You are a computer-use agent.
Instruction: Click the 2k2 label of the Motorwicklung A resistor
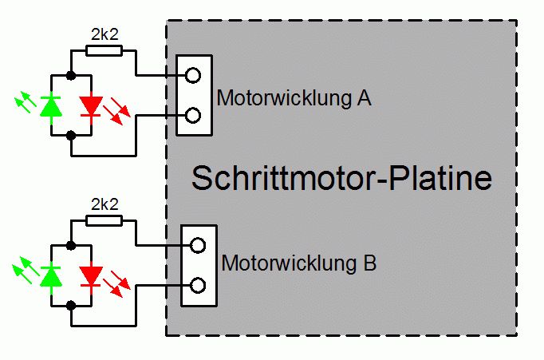(x=104, y=34)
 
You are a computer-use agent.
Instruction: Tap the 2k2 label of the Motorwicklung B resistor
(x=104, y=204)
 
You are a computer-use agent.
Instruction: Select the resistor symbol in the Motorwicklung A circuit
(x=104, y=51)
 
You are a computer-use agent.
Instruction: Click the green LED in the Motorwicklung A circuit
(x=52, y=105)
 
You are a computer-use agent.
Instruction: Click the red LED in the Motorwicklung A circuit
(x=92, y=105)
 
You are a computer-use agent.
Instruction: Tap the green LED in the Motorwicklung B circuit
(x=52, y=275)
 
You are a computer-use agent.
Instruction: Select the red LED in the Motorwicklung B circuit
(x=92, y=275)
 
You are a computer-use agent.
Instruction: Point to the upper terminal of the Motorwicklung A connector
(x=192, y=76)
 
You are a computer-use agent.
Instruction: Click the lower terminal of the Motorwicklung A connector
(x=192, y=116)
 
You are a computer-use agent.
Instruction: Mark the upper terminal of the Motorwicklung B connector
(x=198, y=245)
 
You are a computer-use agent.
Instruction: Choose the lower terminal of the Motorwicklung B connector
(x=198, y=285)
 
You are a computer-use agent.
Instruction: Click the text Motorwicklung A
(x=294, y=98)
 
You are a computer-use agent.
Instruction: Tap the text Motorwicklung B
(x=298, y=262)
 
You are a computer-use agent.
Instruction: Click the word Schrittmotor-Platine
(x=341, y=178)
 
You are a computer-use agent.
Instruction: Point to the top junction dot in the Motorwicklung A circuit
(x=72, y=76)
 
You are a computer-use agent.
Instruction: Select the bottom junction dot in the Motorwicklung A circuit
(x=72, y=136)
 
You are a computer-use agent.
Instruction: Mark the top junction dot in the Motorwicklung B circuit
(x=72, y=245)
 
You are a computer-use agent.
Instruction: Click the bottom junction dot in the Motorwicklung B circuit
(x=72, y=305)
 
